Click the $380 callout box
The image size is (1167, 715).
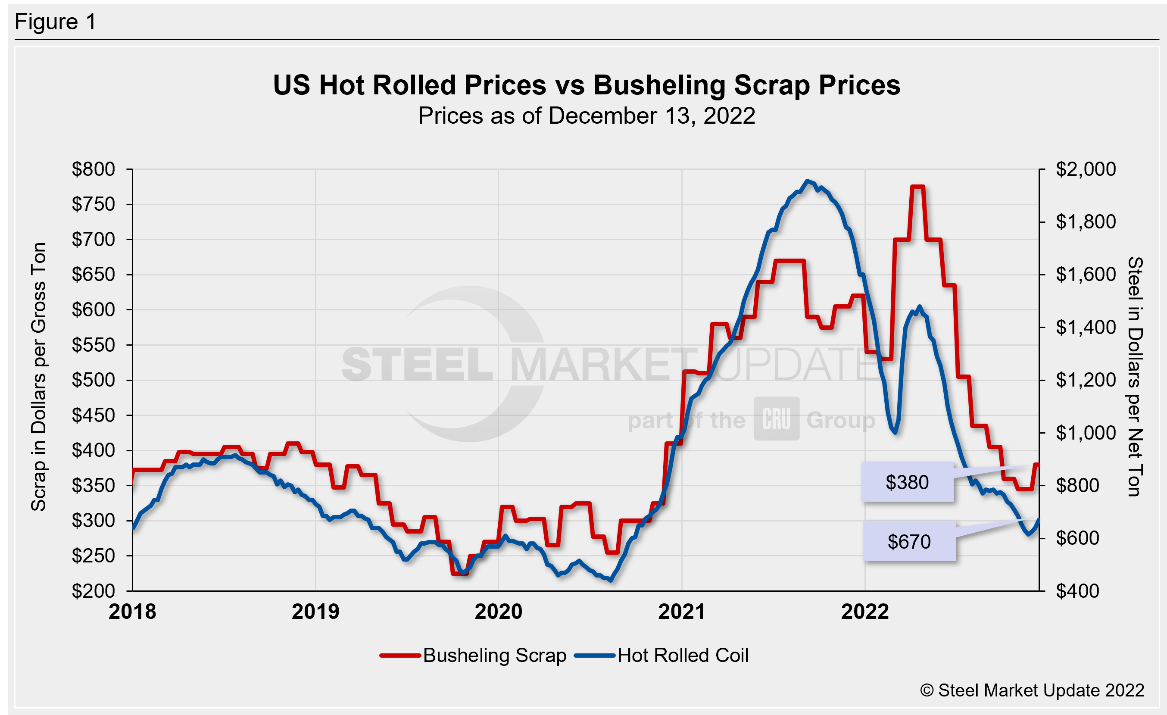907,482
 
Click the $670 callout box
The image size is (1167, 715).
909,541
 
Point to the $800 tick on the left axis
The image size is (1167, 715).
94,169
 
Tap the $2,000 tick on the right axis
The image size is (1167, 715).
1086,169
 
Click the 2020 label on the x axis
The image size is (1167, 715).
498,611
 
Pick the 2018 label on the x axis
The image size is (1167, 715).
132,611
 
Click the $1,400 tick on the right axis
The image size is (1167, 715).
1086,327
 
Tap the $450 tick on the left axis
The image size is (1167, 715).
94,415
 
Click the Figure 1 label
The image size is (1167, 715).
56,22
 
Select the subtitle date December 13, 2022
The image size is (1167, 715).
651,116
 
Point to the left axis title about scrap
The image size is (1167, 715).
38,376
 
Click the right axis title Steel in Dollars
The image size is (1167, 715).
1135,376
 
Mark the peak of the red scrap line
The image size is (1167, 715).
917,187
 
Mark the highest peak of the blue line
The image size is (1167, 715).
808,181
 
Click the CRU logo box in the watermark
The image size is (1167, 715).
776,418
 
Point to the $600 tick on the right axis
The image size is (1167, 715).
1077,538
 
